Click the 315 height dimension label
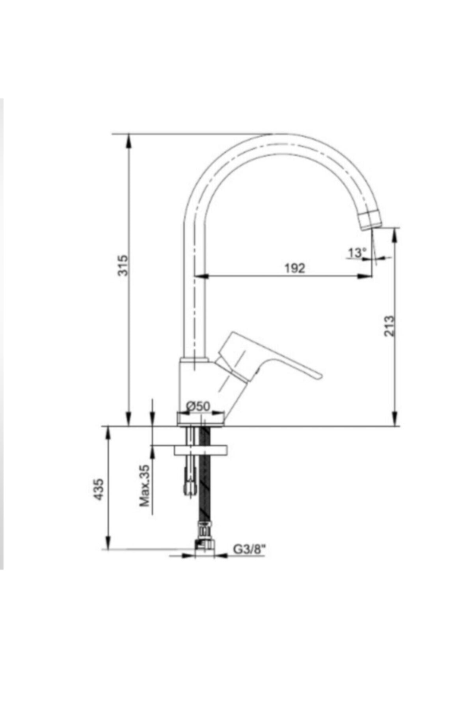pyautogui.click(x=123, y=265)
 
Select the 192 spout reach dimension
pyautogui.click(x=295, y=268)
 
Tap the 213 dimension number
pyautogui.click(x=389, y=326)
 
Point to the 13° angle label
pyautogui.click(x=357, y=252)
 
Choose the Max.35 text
pyautogui.click(x=145, y=486)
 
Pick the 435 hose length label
pyautogui.click(x=99, y=490)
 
